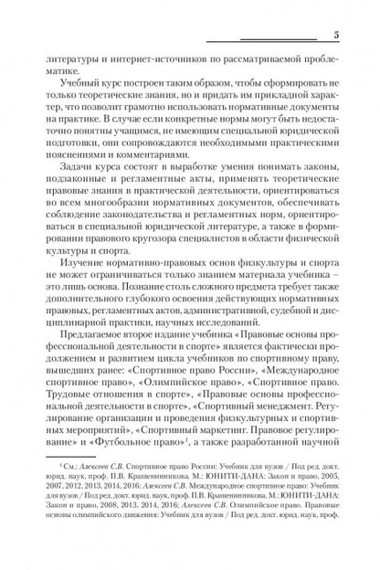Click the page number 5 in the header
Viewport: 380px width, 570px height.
coord(336,35)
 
